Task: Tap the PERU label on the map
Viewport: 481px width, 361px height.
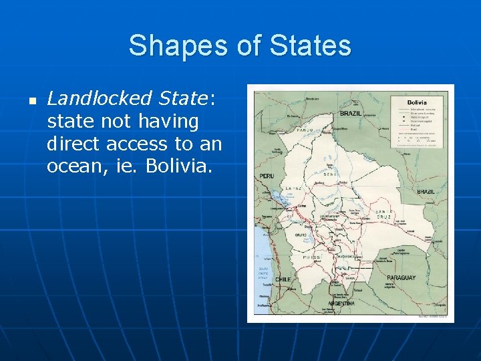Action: click(x=267, y=176)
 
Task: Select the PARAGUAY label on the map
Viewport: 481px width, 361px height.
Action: click(x=401, y=277)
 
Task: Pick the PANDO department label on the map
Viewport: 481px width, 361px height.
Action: click(x=304, y=130)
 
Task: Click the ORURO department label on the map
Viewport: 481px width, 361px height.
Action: click(x=301, y=235)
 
